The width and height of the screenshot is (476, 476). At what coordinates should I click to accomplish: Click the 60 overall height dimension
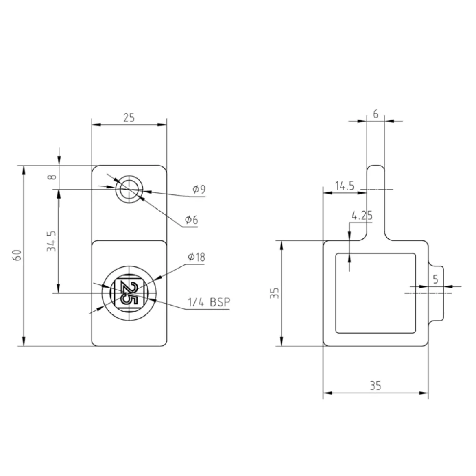pos(17,255)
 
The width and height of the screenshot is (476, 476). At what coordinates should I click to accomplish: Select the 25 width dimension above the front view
pos(129,118)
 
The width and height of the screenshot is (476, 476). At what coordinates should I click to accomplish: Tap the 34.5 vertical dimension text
pos(52,241)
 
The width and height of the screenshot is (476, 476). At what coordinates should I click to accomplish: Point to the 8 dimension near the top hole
pos(53,177)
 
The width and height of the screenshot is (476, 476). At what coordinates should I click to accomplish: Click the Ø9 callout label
pos(199,189)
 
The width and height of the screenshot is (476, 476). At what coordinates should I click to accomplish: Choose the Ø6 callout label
pos(192,219)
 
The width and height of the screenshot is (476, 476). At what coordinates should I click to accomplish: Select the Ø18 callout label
pos(197,257)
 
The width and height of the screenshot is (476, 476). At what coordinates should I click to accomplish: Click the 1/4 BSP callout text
pos(209,302)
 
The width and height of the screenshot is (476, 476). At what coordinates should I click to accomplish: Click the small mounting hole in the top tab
pos(129,190)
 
